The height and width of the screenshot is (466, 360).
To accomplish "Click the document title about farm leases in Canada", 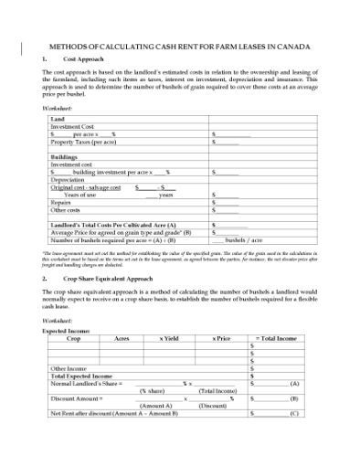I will tap(179, 44).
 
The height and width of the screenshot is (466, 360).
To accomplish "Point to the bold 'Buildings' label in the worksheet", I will tap(64, 157).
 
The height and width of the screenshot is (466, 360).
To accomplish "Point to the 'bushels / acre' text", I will tap(244, 239).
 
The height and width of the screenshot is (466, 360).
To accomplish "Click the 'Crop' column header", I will tap(74, 338).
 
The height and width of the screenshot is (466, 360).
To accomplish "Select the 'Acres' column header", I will tap(122, 338).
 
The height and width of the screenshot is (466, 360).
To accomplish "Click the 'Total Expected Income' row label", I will tap(81, 376).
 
